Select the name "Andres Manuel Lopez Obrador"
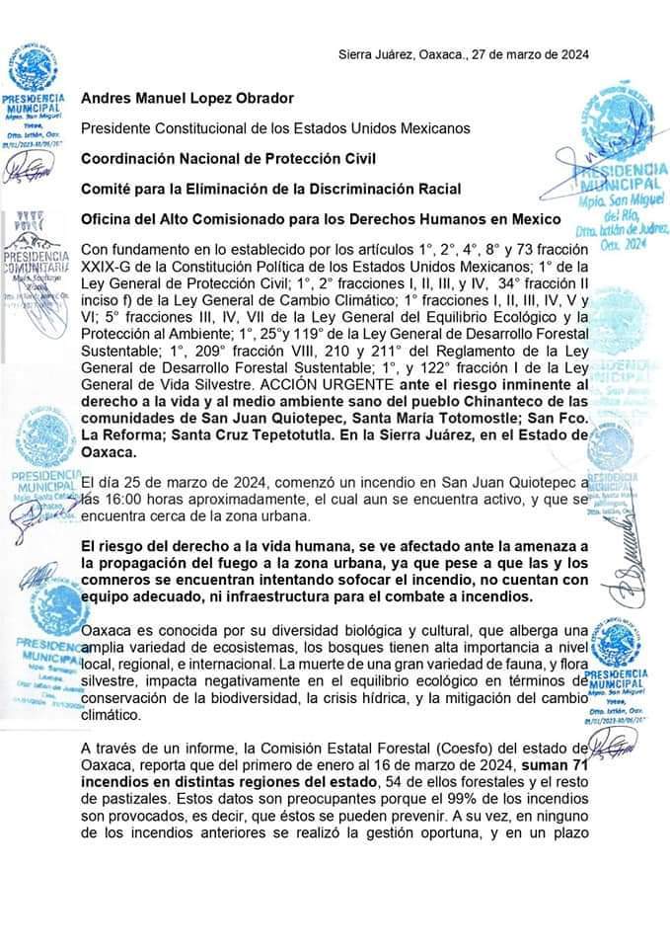click(x=187, y=98)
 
